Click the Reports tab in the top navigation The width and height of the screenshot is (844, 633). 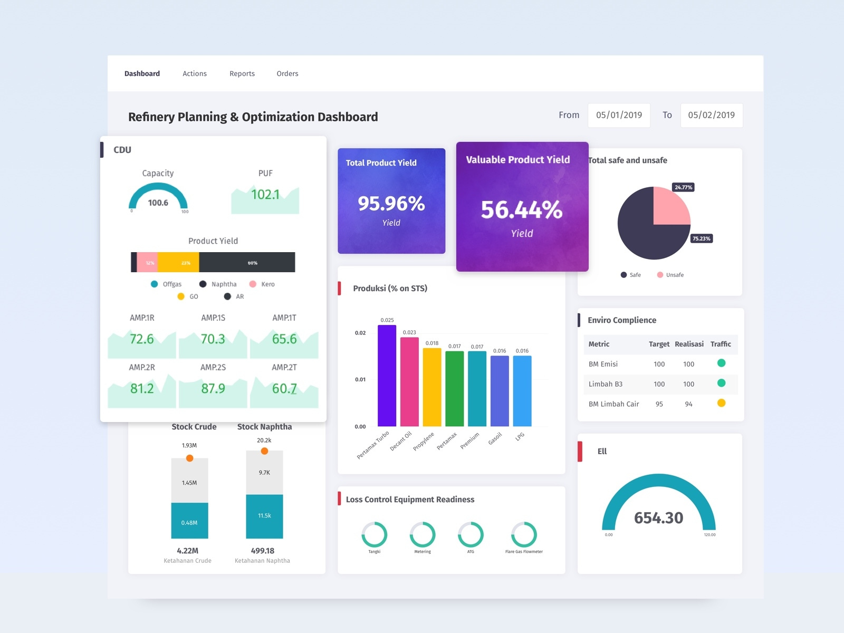(242, 74)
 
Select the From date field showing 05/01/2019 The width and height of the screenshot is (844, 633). (619, 115)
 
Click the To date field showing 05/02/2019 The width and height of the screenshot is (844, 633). (711, 115)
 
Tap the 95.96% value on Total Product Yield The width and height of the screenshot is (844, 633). (391, 204)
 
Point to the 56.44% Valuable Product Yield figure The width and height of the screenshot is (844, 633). (521, 210)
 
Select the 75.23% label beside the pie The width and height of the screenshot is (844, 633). (702, 238)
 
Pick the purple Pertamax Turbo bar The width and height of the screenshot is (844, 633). (387, 376)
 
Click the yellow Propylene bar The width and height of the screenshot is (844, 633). (431, 387)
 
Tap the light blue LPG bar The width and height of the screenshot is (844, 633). (522, 391)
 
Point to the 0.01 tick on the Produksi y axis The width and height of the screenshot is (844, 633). (360, 379)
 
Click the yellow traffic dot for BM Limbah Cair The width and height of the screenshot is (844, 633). (721, 403)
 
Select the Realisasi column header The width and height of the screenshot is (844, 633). (689, 344)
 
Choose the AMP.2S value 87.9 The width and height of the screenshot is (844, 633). (213, 389)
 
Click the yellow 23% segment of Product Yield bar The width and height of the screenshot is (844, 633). (179, 262)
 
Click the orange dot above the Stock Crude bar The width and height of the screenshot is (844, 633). (189, 458)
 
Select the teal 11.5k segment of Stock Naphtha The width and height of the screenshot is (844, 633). (264, 516)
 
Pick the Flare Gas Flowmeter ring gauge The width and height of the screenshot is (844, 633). (524, 534)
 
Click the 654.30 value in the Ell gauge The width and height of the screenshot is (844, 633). (658, 517)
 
